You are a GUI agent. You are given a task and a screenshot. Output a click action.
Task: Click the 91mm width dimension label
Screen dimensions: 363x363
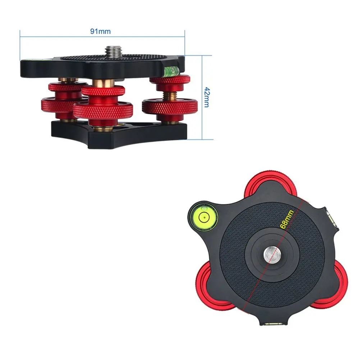pos(100,31)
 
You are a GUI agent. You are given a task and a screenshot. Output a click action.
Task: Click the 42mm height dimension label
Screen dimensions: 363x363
pos(206,97)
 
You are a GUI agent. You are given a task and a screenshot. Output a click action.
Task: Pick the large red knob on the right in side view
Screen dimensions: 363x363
pos(170,106)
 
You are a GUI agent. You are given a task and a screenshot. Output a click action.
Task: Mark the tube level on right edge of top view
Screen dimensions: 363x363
pos(331,218)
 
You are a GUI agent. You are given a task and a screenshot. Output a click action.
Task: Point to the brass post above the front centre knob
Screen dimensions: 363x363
pos(103,83)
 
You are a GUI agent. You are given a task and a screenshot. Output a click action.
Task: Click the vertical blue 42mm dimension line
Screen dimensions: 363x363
pos(202,97)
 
